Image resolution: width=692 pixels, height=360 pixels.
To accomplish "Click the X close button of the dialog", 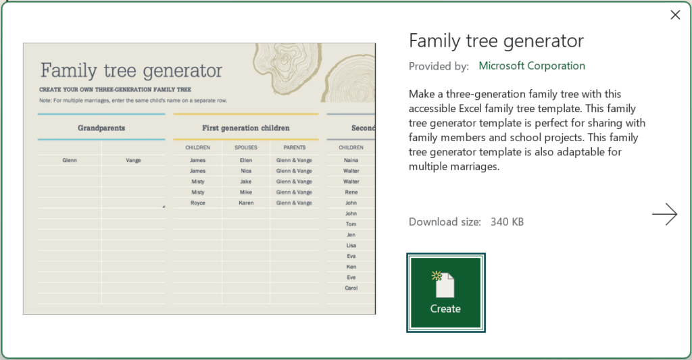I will (674, 15).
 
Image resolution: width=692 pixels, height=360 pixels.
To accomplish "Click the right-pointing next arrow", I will (664, 214).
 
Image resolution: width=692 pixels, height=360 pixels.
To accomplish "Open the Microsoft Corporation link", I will (532, 66).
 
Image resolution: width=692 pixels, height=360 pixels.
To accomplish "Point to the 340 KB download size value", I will (507, 222).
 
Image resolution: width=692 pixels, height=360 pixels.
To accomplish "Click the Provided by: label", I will (439, 66).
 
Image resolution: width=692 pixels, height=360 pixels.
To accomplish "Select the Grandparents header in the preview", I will (101, 128).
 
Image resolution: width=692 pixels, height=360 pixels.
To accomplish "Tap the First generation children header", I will (245, 128).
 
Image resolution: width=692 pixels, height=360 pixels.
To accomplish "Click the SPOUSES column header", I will (245, 147).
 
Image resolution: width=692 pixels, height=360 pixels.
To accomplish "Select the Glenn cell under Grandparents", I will (69, 161).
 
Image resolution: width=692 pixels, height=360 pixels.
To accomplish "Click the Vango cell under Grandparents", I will (133, 161).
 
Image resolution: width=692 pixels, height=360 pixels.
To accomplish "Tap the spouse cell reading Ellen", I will (246, 161).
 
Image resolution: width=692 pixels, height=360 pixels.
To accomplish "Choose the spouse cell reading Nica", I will (246, 171).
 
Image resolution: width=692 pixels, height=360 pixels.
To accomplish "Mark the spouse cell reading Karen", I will (246, 203).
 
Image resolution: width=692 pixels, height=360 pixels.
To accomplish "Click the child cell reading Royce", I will (197, 203).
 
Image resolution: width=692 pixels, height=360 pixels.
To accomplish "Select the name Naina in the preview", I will (351, 161).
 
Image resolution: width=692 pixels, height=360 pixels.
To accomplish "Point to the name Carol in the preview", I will (351, 288).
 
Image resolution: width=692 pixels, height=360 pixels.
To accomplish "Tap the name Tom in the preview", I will (351, 224).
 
